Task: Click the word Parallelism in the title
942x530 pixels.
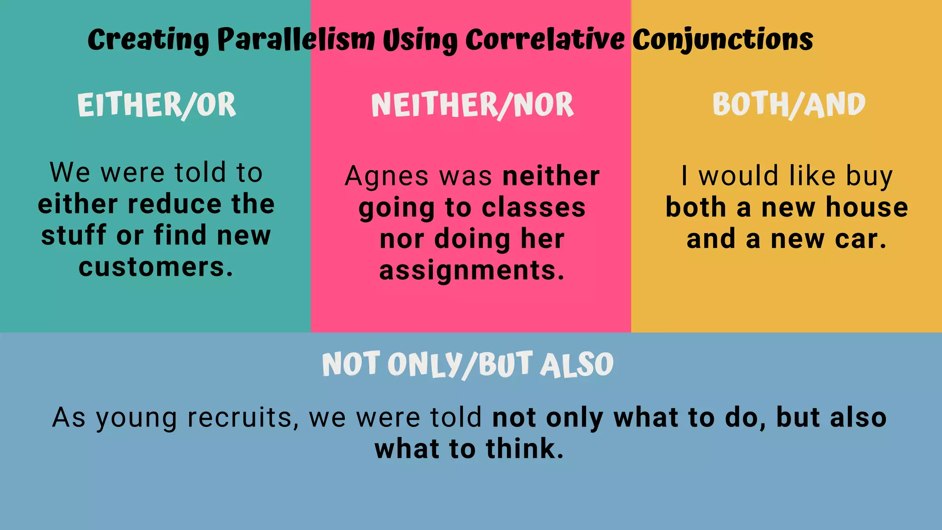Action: pos(296,40)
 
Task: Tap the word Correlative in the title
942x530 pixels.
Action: pos(545,40)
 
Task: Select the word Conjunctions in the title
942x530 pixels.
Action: pos(722,40)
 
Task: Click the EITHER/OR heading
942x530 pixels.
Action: pos(156,105)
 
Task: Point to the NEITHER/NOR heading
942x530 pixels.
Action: pos(472,105)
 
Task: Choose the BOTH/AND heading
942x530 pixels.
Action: pos(789,104)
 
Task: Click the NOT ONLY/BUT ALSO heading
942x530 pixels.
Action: pos(467,364)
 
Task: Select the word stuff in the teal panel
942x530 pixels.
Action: pos(74,236)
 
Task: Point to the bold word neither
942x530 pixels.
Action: pos(551,176)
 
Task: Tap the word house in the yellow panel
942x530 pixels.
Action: pos(867,207)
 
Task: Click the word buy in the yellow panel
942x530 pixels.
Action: pos(869,177)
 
